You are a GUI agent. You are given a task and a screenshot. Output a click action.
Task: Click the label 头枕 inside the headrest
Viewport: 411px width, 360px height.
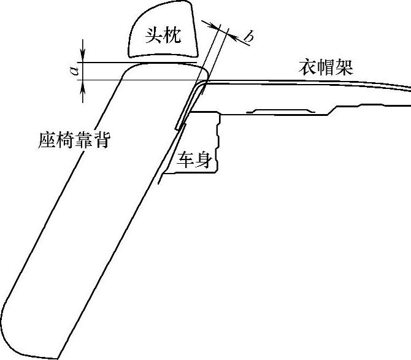pos(163,36)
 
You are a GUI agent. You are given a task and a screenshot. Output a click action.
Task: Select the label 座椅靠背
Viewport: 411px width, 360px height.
pos(74,140)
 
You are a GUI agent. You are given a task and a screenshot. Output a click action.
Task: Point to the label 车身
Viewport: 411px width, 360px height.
pos(195,161)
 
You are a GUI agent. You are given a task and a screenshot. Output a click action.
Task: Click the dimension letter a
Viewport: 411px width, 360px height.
pos(74,71)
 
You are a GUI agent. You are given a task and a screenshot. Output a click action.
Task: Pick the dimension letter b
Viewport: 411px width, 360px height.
pos(248,38)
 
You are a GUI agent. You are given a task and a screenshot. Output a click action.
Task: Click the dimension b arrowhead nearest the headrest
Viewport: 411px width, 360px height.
pos(214,26)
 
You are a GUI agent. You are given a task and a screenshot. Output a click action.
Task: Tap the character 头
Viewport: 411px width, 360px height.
pos(153,36)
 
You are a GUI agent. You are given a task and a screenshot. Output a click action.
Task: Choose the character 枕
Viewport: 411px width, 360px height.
pos(173,36)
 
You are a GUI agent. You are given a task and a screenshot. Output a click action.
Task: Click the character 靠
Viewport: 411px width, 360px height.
pos(83,140)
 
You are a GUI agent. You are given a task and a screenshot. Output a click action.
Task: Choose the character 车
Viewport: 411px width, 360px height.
pos(186,161)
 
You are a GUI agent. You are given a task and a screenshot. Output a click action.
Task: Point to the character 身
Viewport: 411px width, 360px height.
pos(204,161)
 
